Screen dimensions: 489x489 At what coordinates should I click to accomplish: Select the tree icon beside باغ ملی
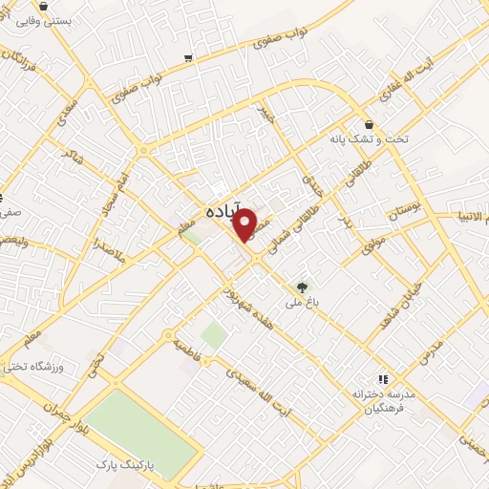[303, 286]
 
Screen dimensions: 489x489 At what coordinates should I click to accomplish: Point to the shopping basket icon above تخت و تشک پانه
[370, 123]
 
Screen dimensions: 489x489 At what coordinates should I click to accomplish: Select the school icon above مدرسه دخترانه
[384, 378]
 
